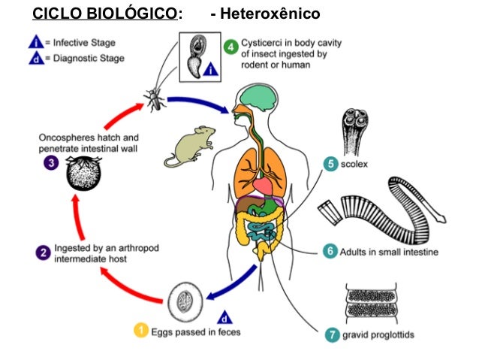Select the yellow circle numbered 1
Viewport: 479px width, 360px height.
coord(140,330)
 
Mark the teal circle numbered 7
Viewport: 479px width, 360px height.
coord(331,335)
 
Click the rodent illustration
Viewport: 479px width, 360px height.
coord(185,144)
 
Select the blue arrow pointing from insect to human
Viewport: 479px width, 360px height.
coord(200,103)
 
